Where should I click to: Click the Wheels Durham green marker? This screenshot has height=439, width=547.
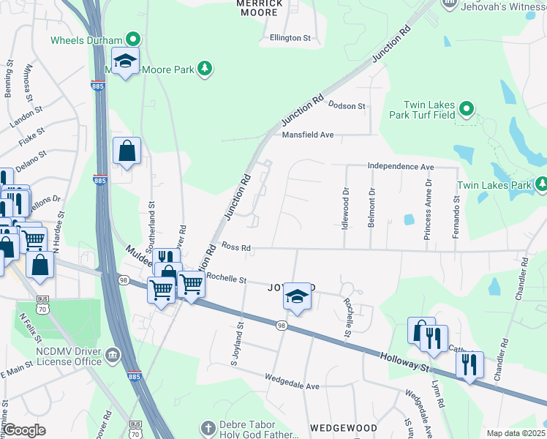pos(133,40)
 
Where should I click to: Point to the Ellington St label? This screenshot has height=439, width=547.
pos(290,37)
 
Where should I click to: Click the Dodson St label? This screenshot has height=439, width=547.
pos(347,106)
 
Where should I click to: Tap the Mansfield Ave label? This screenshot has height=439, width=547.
pos(308,135)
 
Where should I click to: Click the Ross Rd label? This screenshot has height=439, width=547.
pos(236,248)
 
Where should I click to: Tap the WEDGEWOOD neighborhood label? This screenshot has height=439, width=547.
pos(343,427)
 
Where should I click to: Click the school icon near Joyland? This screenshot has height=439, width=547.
pos(296,296)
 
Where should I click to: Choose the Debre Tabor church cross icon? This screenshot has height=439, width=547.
pos(208,427)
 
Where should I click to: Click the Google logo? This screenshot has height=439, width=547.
pos(24,430)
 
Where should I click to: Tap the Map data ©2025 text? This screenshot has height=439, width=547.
pos(516,433)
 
